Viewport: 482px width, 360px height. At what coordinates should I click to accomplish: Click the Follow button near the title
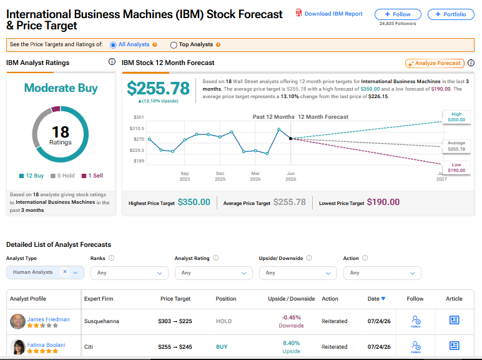398,14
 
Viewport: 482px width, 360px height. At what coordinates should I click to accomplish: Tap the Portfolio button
451,14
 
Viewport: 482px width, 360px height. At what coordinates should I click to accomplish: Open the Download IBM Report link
329,14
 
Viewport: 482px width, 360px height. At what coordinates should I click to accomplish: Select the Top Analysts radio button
174,45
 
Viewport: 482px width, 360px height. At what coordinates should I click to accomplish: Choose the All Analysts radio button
113,45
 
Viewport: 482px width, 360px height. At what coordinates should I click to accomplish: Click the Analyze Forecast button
435,63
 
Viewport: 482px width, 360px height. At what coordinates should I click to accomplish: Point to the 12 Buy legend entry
31,176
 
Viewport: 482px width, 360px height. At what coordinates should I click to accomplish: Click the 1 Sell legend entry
92,176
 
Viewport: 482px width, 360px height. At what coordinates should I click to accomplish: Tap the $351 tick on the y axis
139,117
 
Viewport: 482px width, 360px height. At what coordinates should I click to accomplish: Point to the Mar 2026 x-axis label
255,176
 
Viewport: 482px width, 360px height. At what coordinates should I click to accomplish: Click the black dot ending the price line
290,139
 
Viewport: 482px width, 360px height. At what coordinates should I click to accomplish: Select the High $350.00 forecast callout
456,117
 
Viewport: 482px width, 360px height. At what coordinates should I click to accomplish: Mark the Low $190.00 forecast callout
456,167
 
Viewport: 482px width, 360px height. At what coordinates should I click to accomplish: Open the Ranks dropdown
129,273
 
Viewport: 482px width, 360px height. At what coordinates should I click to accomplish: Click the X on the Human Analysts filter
65,272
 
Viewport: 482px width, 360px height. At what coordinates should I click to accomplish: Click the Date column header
376,299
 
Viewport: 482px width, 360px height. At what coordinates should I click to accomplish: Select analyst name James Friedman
48,319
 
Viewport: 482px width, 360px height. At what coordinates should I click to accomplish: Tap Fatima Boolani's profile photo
18,347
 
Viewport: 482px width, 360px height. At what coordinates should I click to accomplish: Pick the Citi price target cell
175,347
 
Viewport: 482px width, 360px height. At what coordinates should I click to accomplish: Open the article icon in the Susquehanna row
455,320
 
